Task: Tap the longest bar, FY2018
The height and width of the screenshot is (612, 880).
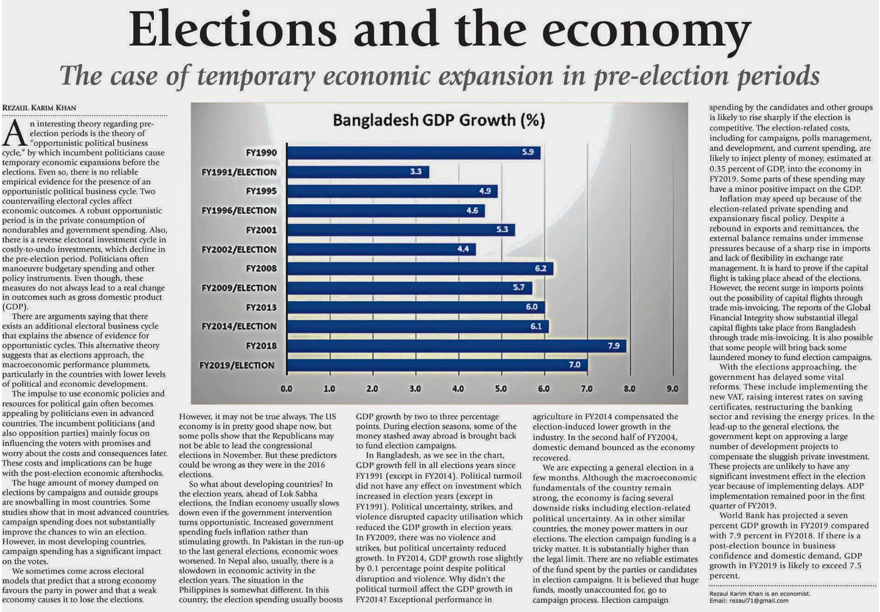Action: pyautogui.click(x=456, y=346)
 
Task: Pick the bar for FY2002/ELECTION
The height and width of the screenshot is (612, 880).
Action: pyautogui.click(x=381, y=250)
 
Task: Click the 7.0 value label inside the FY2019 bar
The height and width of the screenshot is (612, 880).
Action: pyautogui.click(x=574, y=365)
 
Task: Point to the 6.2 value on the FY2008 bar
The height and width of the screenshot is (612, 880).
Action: pyautogui.click(x=541, y=268)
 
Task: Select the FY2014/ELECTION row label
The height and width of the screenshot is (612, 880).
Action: pyautogui.click(x=239, y=326)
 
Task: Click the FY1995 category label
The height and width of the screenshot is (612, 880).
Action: pyautogui.click(x=261, y=191)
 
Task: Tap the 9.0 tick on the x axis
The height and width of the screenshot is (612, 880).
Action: pyautogui.click(x=672, y=389)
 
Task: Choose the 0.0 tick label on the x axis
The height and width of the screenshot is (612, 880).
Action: pyautogui.click(x=286, y=389)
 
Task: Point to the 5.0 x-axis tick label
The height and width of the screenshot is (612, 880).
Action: pyautogui.click(x=501, y=389)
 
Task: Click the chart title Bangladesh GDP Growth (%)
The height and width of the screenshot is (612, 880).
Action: pyautogui.click(x=439, y=120)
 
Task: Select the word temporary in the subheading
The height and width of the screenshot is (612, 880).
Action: pyautogui.click(x=256, y=76)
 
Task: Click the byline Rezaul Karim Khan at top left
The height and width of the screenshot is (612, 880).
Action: pyautogui.click(x=39, y=108)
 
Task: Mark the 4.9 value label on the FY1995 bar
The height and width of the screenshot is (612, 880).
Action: pyautogui.click(x=485, y=191)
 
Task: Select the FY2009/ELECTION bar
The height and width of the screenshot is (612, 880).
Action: pyautogui.click(x=409, y=288)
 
